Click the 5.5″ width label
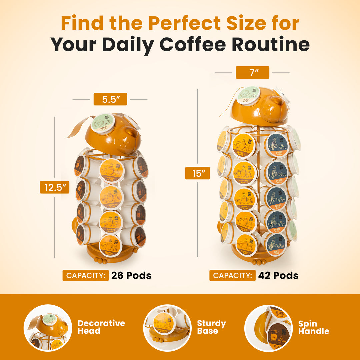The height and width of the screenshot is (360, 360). pyautogui.click(x=110, y=99)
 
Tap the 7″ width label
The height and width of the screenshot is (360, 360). pyautogui.click(x=252, y=72)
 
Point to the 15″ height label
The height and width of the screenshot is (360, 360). pyautogui.click(x=198, y=173)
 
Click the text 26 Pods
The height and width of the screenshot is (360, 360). pyautogui.click(x=131, y=276)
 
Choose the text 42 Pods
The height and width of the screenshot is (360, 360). pyautogui.click(x=278, y=276)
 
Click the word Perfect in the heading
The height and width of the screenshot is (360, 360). pyautogui.click(x=185, y=23)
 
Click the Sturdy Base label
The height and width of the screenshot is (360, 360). pyautogui.click(x=211, y=327)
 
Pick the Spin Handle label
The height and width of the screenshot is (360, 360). pyautogui.click(x=313, y=327)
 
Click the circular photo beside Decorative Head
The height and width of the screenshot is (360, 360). pyautogui.click(x=48, y=328)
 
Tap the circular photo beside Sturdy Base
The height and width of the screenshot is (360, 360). pyautogui.click(x=167, y=328)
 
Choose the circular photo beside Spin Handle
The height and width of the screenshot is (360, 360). pyautogui.click(x=268, y=328)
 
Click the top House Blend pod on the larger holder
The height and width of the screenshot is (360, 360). pyautogui.click(x=277, y=145)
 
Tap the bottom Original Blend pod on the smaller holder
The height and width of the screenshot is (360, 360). pyautogui.click(x=111, y=246)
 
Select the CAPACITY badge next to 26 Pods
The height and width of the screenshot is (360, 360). pyautogui.click(x=86, y=276)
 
